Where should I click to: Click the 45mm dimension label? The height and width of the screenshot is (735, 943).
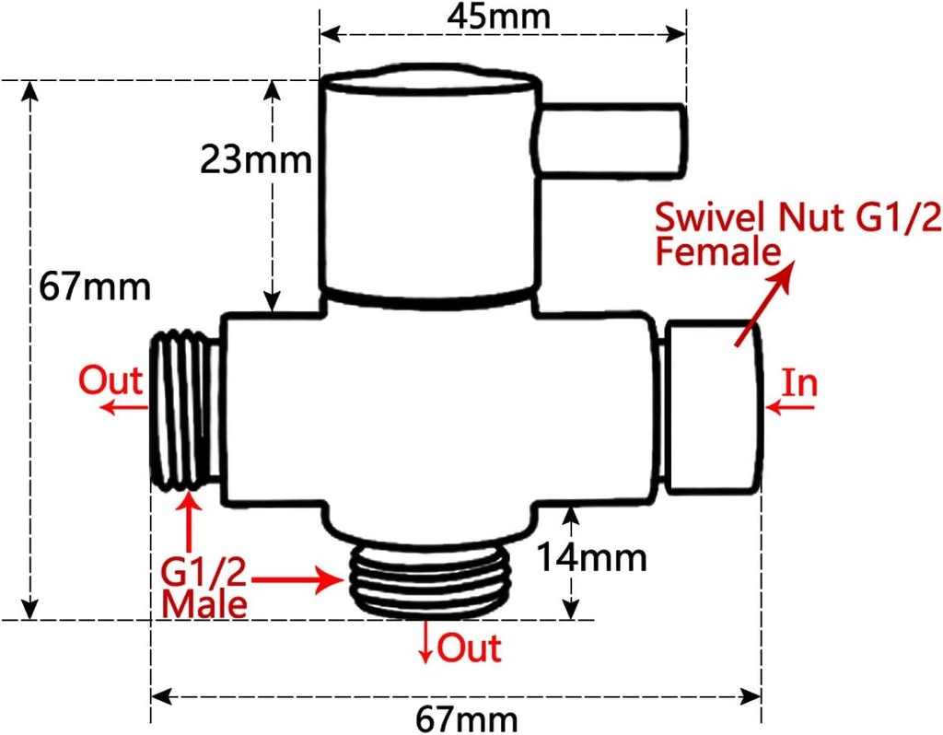coord(501,16)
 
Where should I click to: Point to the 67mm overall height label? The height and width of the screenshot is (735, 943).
coord(94,286)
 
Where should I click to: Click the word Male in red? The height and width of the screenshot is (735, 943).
coord(204,604)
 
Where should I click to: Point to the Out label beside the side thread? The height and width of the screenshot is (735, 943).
coord(111,379)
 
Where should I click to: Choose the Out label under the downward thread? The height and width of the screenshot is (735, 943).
coord(469,647)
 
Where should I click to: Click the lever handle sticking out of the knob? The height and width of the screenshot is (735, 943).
coord(612,140)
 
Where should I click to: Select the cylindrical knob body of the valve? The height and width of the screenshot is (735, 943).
coord(428,189)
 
